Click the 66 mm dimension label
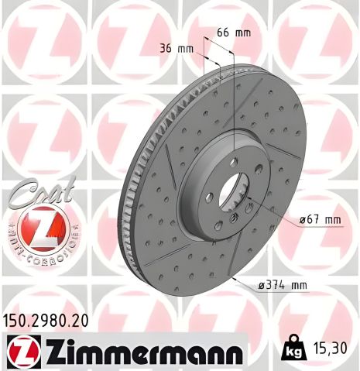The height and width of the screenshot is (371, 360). point(232,33)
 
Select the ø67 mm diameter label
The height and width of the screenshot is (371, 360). point(320,221)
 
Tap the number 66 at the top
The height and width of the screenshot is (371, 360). point(222,33)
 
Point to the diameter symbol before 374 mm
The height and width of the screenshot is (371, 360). point(259,287)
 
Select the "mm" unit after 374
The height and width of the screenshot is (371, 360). point(297,287)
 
